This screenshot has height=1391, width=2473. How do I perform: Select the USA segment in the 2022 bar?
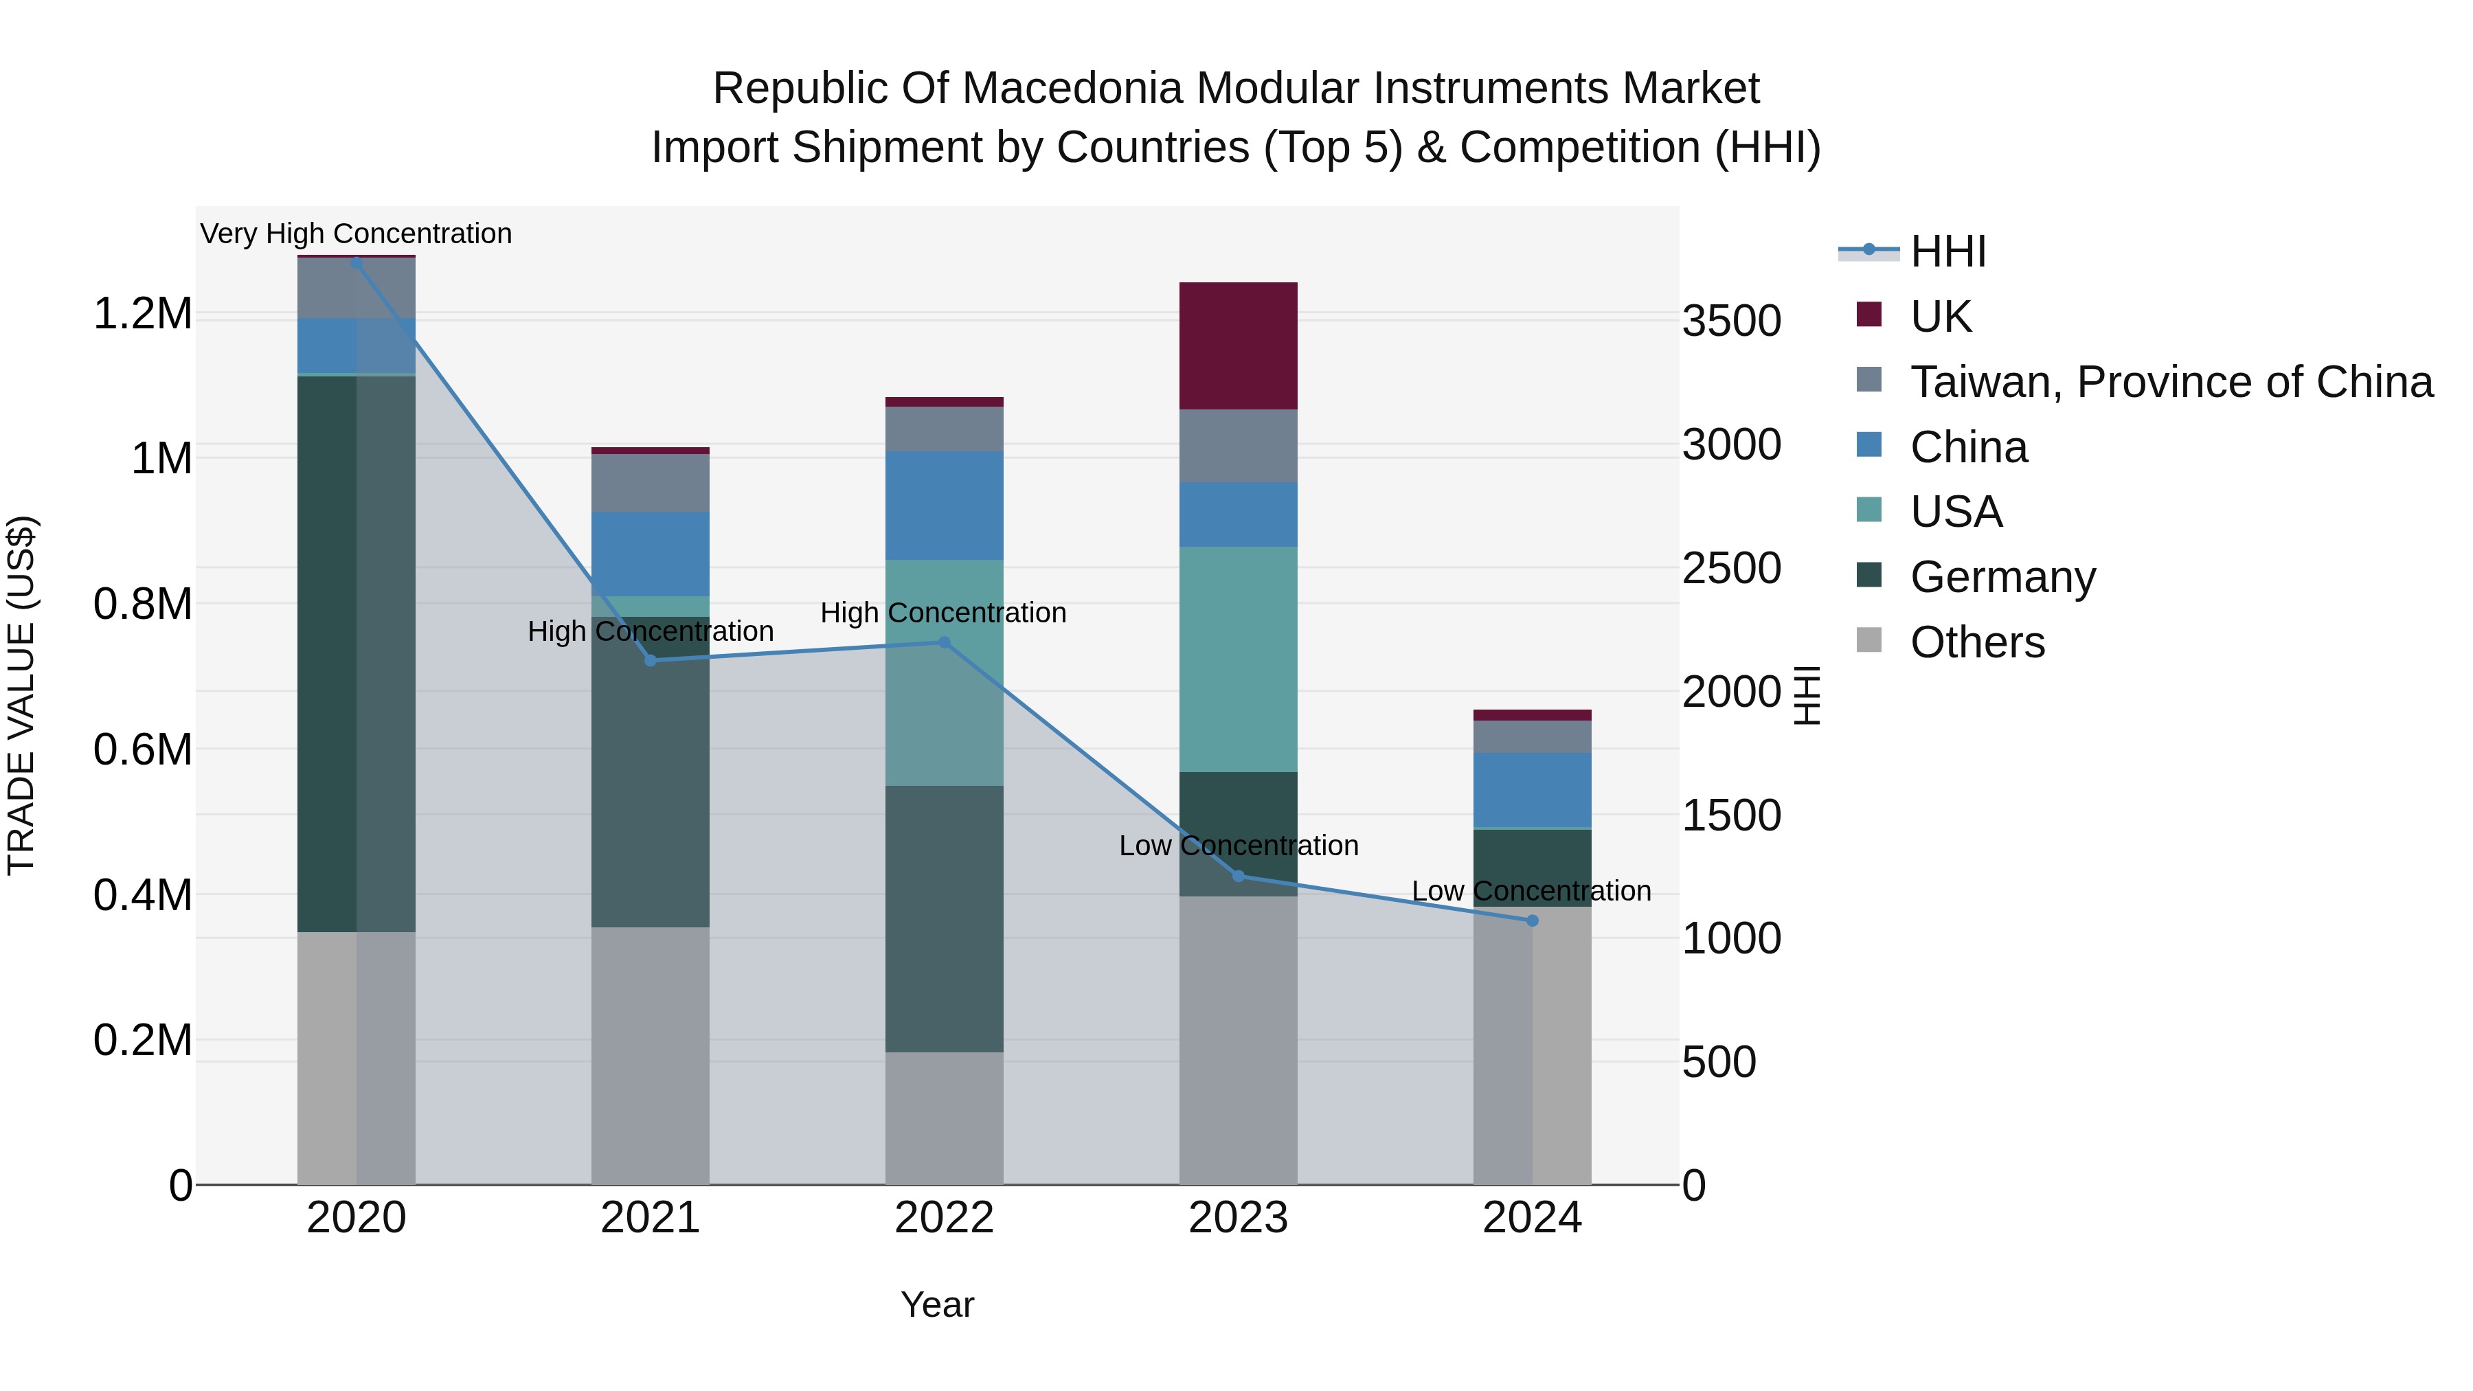click(944, 672)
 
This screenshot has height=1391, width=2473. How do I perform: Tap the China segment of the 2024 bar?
click(1532, 789)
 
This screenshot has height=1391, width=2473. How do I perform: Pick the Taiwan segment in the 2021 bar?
click(650, 482)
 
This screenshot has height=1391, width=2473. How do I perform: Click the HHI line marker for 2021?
click(650, 660)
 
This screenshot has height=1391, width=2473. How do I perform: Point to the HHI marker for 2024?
click(1532, 920)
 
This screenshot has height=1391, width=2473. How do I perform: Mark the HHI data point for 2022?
click(944, 642)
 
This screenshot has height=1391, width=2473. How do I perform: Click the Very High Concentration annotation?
click(356, 234)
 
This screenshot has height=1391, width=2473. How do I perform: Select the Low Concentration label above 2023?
click(1239, 846)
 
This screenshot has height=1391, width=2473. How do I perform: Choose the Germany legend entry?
click(2002, 577)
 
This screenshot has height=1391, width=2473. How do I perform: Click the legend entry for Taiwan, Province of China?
click(2171, 382)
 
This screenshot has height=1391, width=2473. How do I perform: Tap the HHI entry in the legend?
click(1948, 251)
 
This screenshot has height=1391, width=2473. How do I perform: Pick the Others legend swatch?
click(1869, 640)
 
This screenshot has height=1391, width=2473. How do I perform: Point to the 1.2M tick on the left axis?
click(142, 314)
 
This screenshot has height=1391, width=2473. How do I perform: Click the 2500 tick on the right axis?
click(1731, 568)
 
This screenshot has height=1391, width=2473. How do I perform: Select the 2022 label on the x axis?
click(944, 1218)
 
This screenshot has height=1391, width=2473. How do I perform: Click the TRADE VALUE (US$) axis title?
click(21, 695)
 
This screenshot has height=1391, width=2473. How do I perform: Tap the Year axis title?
click(937, 1304)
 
